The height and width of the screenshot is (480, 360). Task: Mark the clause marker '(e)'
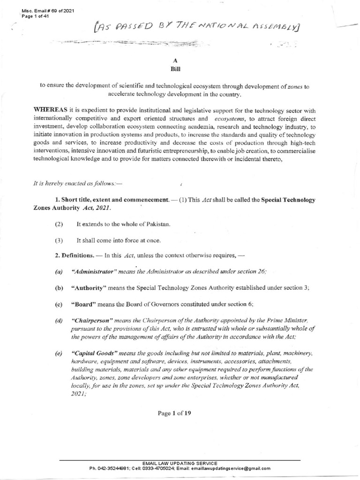coord(58,352)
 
